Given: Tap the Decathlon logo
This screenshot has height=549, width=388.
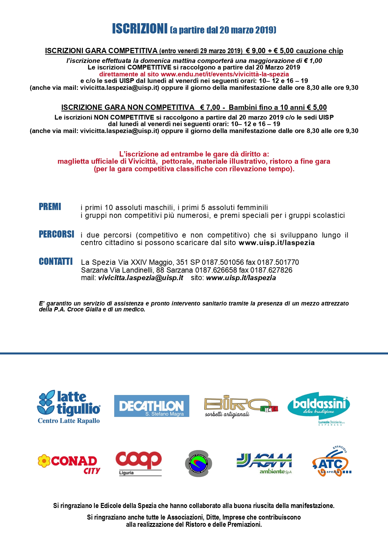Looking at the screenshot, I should (151, 406).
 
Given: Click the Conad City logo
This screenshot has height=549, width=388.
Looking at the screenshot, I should (69, 464).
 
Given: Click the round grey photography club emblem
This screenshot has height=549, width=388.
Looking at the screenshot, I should (198, 464).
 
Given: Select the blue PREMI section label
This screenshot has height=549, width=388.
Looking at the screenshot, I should (50, 207).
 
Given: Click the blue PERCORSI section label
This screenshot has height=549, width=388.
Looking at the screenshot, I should (56, 234).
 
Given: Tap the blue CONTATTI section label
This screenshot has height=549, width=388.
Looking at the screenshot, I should (56, 261).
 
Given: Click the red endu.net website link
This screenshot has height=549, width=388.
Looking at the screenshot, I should (225, 74).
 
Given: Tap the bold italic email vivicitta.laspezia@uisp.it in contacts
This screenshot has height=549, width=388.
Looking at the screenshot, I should (140, 278).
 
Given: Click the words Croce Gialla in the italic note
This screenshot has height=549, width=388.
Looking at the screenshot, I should (84, 310).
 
